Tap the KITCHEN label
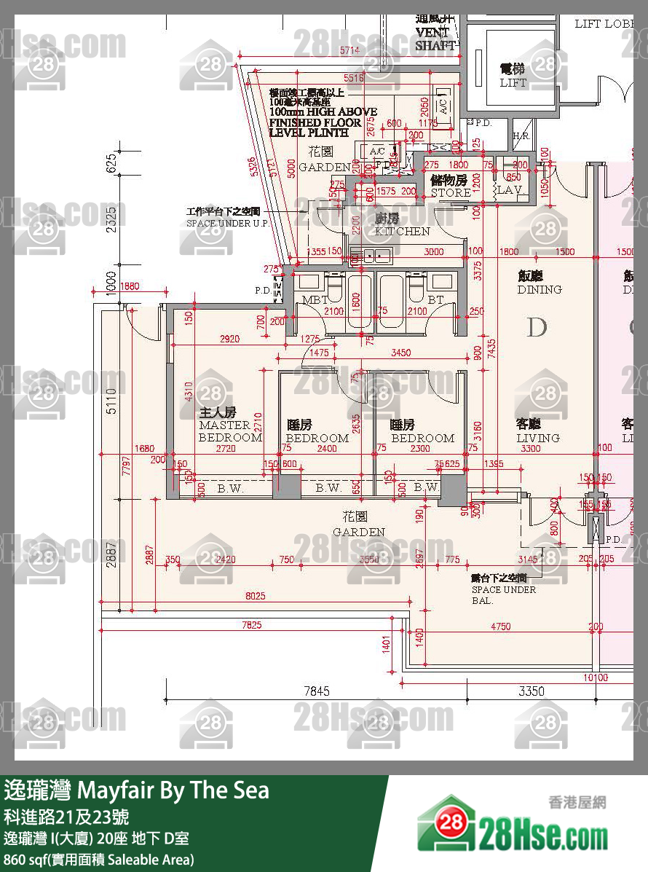point(402,225)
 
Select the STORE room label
point(450,186)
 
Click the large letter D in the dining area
point(537,328)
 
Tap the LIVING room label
point(538,431)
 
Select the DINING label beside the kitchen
point(540,283)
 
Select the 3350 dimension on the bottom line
point(532,691)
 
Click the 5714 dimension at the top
point(350,50)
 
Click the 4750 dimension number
point(500,626)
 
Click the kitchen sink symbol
point(371,256)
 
